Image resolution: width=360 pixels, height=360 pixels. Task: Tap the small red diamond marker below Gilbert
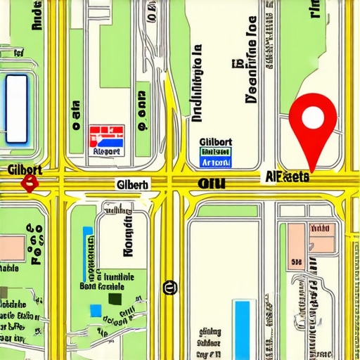coord(29,184)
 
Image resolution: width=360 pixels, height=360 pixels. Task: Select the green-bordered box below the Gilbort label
coord(216,157)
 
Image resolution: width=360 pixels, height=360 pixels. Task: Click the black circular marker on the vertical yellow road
coord(169,287)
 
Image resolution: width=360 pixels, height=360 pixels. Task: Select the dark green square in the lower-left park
coord(115,298)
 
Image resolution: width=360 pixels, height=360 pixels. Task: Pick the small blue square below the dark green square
coord(95,310)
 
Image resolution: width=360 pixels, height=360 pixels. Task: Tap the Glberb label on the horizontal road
coord(131,185)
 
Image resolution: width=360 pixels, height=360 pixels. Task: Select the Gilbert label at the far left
coord(24,169)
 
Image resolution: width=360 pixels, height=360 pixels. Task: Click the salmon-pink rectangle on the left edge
coord(12,247)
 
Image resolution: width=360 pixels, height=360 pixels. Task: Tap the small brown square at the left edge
coord(4,292)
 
